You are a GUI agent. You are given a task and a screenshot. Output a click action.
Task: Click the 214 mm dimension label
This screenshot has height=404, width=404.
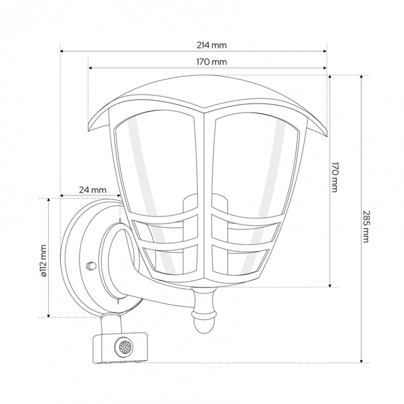(212, 45)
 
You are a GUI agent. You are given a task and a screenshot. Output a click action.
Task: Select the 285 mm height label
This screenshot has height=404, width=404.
(366, 226)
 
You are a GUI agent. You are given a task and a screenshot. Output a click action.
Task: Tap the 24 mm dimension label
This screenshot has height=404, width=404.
(92, 190)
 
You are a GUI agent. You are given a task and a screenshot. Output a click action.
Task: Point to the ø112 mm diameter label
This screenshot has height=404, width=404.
(43, 261)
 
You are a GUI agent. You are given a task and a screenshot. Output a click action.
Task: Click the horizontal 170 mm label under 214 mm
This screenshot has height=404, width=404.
(212, 62)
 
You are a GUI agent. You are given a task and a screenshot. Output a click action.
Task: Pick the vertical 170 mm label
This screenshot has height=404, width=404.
(334, 177)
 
